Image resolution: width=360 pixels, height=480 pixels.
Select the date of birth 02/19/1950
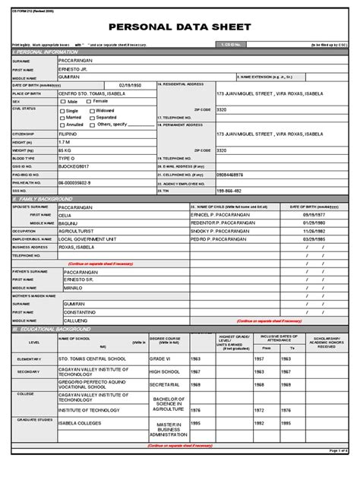click(x=131, y=84)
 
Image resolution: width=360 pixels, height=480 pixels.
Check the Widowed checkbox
click(x=93, y=111)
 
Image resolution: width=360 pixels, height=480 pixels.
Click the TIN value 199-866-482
click(x=229, y=191)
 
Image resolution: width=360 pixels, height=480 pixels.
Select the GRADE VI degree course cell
click(x=161, y=358)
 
